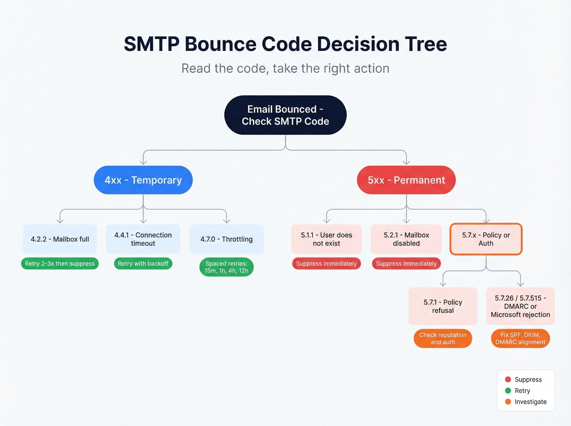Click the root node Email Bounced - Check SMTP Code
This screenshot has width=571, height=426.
click(285, 115)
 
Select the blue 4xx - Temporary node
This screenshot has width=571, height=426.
click(143, 180)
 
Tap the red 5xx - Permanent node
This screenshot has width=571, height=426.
click(406, 180)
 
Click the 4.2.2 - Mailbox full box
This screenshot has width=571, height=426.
click(60, 239)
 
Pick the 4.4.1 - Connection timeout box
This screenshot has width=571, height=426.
click(143, 239)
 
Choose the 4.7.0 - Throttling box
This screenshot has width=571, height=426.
click(226, 239)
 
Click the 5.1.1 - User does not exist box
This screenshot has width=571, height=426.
click(326, 239)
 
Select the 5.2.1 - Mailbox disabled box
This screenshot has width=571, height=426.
click(406, 239)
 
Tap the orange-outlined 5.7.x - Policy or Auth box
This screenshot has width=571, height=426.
click(486, 239)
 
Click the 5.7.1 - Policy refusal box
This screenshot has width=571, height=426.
click(443, 306)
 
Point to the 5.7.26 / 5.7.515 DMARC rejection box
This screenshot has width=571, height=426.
click(520, 306)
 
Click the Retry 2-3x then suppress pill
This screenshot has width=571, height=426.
click(60, 264)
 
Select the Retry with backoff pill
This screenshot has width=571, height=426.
click(143, 264)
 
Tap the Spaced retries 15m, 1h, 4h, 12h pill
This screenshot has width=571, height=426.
click(226, 267)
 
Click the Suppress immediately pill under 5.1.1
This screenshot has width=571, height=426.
click(326, 264)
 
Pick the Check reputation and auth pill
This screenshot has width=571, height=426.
click(443, 338)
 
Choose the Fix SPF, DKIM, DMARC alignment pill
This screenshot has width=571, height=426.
click(520, 338)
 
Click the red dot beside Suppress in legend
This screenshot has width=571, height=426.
click(508, 380)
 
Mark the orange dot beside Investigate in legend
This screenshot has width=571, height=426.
click(508, 402)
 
